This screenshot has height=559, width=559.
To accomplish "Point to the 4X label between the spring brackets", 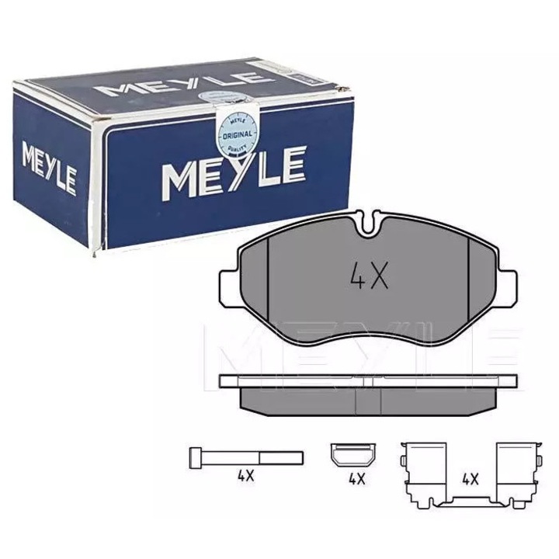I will click(x=470, y=479).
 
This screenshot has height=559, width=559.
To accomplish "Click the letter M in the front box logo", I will click(x=177, y=177).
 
